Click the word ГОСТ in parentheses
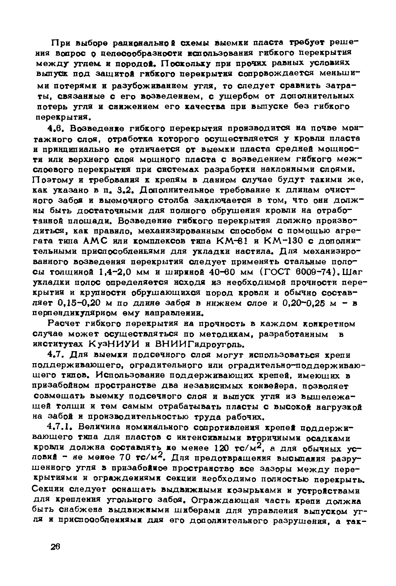[272, 272]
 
